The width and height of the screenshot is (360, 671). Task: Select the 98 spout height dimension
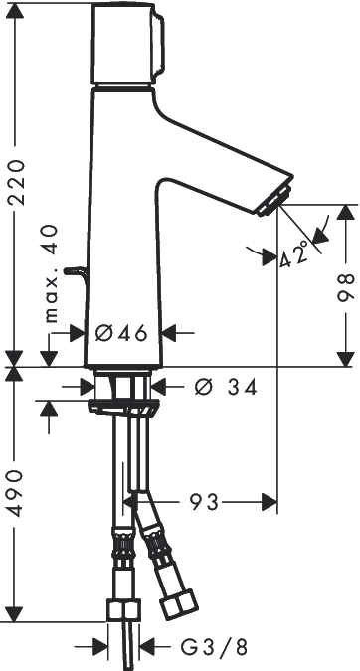(x=346, y=286)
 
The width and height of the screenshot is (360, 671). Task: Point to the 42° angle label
(x=295, y=253)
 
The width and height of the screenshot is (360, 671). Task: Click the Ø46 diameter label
(x=121, y=333)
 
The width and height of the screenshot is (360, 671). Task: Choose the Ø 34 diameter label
(x=226, y=388)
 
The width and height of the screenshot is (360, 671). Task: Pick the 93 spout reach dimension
(x=204, y=502)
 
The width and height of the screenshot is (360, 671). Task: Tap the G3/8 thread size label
(x=214, y=647)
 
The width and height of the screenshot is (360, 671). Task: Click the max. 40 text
(x=51, y=273)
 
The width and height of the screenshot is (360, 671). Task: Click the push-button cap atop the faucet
(x=127, y=43)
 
